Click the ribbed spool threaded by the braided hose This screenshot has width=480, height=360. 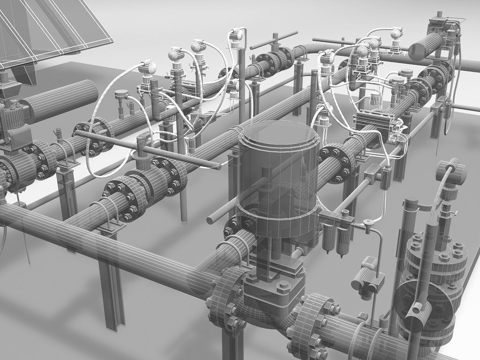[x=451, y=172]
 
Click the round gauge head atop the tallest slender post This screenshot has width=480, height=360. [x=236, y=35]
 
